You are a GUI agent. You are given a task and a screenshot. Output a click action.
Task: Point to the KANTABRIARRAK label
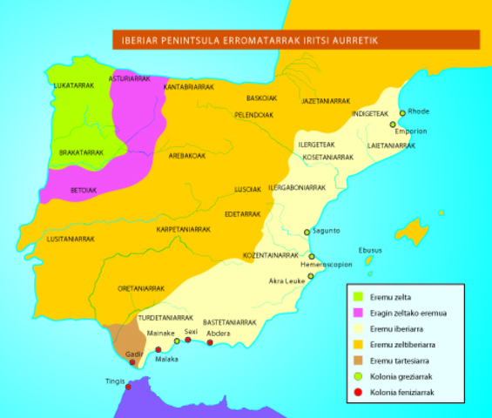[x=189, y=88]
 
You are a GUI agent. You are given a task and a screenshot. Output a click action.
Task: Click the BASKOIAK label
[x=261, y=98]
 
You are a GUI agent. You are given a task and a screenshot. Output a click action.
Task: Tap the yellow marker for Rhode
[x=402, y=113]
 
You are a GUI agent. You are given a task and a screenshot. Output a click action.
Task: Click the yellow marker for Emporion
[x=393, y=125]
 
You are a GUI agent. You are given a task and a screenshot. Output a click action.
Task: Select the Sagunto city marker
[x=306, y=232]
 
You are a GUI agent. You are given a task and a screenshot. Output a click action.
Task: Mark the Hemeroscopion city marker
[x=311, y=257]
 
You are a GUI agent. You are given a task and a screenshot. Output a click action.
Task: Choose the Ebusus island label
[x=371, y=248]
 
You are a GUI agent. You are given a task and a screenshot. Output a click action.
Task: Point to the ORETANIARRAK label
[x=141, y=288]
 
